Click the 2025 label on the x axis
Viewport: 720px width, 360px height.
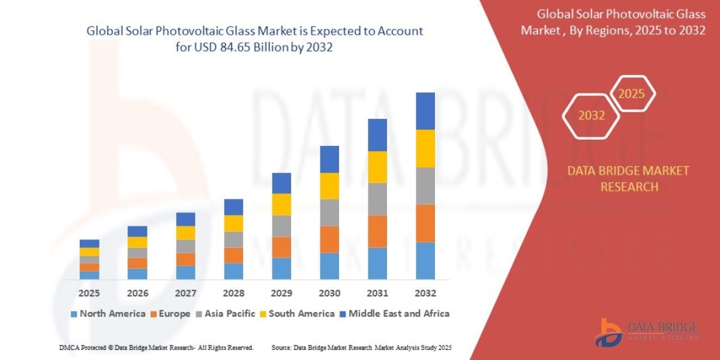(89, 293)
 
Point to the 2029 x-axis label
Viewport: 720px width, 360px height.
(281, 293)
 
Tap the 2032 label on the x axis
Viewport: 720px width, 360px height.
(425, 293)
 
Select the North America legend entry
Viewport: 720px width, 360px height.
(108, 313)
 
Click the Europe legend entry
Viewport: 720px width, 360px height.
(170, 313)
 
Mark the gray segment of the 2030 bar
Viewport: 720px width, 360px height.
(329, 212)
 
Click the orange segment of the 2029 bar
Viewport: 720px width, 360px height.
(281, 247)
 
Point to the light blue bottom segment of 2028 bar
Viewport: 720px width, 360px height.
(233, 271)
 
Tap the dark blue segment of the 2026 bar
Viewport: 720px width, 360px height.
(137, 231)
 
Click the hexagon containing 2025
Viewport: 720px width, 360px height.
(631, 94)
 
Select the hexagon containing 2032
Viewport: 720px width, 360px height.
(592, 116)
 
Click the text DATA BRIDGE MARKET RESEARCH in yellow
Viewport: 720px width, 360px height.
(628, 179)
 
